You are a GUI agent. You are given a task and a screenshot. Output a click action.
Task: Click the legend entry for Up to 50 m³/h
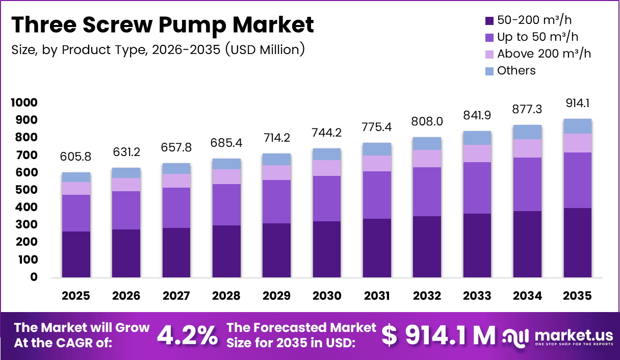click(537, 37)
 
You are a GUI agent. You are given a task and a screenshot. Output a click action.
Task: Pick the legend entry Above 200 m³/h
click(544, 54)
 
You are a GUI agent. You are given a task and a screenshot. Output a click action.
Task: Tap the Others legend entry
click(516, 70)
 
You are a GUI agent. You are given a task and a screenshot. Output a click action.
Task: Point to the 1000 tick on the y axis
click(24, 102)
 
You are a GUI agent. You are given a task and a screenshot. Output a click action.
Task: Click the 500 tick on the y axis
click(27, 190)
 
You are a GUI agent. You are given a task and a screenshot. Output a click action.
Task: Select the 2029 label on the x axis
click(276, 296)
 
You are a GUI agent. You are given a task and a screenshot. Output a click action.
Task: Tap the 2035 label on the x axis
click(578, 296)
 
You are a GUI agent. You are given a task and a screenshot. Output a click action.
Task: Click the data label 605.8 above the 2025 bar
click(76, 156)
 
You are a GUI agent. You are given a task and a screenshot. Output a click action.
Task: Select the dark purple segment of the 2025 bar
click(76, 254)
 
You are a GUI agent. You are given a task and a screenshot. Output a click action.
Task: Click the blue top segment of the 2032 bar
click(427, 143)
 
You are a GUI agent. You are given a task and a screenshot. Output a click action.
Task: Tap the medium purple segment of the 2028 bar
click(226, 204)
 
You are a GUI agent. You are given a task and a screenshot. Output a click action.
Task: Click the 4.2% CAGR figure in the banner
click(187, 335)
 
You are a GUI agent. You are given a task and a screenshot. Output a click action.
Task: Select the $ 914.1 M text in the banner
click(438, 335)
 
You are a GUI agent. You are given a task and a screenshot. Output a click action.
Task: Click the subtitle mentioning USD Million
click(158, 49)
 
